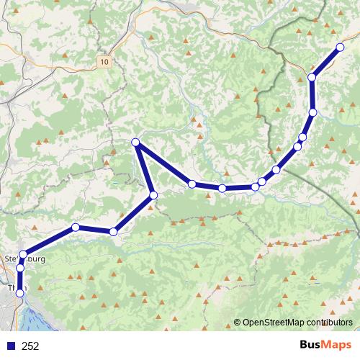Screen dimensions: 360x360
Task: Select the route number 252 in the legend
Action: click(30, 346)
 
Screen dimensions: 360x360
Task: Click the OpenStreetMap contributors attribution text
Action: click(295, 323)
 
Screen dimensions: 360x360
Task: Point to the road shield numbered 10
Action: click(106, 63)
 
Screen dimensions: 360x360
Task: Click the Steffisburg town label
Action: click(24, 258)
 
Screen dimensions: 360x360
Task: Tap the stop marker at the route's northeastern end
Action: click(340, 48)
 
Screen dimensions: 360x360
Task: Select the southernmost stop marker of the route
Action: click(20, 294)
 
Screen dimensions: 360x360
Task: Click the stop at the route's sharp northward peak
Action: click(135, 143)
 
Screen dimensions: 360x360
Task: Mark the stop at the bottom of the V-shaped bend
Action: click(153, 195)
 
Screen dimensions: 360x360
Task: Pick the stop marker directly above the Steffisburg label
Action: click(23, 253)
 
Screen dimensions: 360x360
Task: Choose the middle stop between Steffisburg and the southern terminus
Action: click(20, 269)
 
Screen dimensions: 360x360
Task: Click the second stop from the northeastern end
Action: click(312, 77)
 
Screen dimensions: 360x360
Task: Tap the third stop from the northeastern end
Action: click(313, 112)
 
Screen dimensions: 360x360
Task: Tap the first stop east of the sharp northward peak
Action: click(192, 184)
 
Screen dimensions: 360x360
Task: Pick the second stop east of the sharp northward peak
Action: click(222, 189)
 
